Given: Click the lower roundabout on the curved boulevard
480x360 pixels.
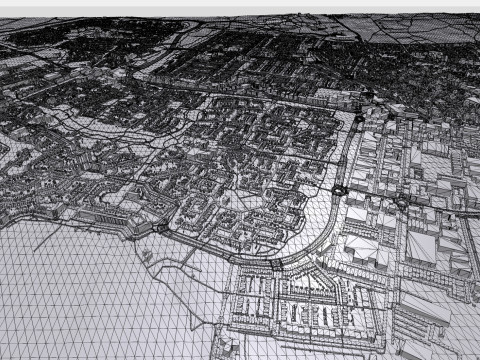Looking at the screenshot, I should coord(339,190).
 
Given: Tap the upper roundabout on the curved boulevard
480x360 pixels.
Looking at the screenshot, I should coord(359,118).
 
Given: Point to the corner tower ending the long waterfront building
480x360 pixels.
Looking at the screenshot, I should coord(160,228).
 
